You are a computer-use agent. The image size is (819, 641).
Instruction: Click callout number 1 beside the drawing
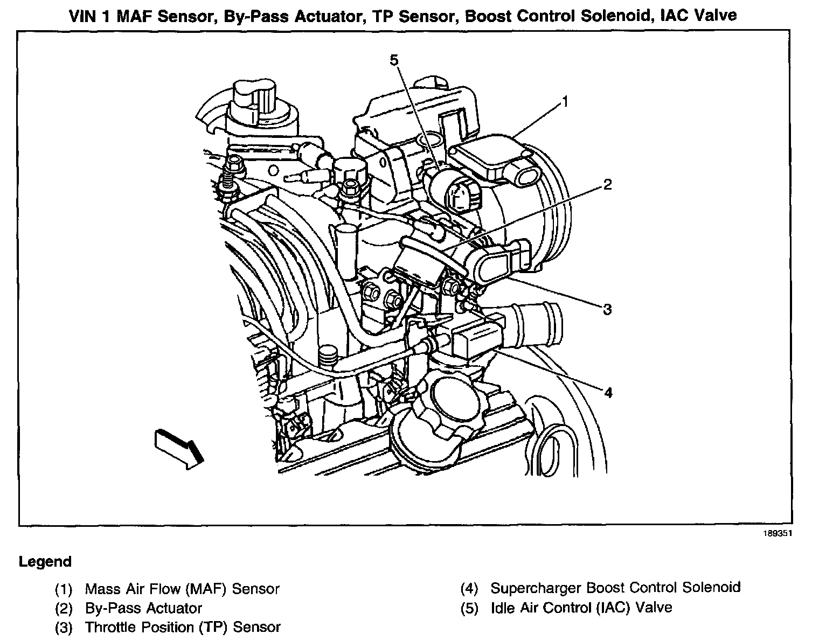[565, 101]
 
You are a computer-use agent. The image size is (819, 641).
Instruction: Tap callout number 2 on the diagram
[607, 185]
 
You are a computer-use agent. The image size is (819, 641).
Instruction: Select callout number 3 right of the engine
[607, 309]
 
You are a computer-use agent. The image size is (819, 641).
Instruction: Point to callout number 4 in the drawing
[608, 393]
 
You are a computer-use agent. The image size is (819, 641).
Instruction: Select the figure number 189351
[778, 534]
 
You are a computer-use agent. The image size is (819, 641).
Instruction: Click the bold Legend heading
[45, 562]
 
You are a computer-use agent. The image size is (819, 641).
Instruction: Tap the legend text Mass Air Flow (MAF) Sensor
[182, 589]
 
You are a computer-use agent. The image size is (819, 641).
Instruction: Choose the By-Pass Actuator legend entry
[143, 608]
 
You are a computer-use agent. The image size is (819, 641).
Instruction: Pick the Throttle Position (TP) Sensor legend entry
[183, 627]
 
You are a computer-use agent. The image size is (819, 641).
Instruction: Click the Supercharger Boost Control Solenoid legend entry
[615, 587]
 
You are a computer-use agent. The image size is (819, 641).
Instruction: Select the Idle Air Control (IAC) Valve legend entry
[581, 608]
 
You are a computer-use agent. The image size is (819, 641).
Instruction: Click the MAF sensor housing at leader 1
[488, 156]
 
